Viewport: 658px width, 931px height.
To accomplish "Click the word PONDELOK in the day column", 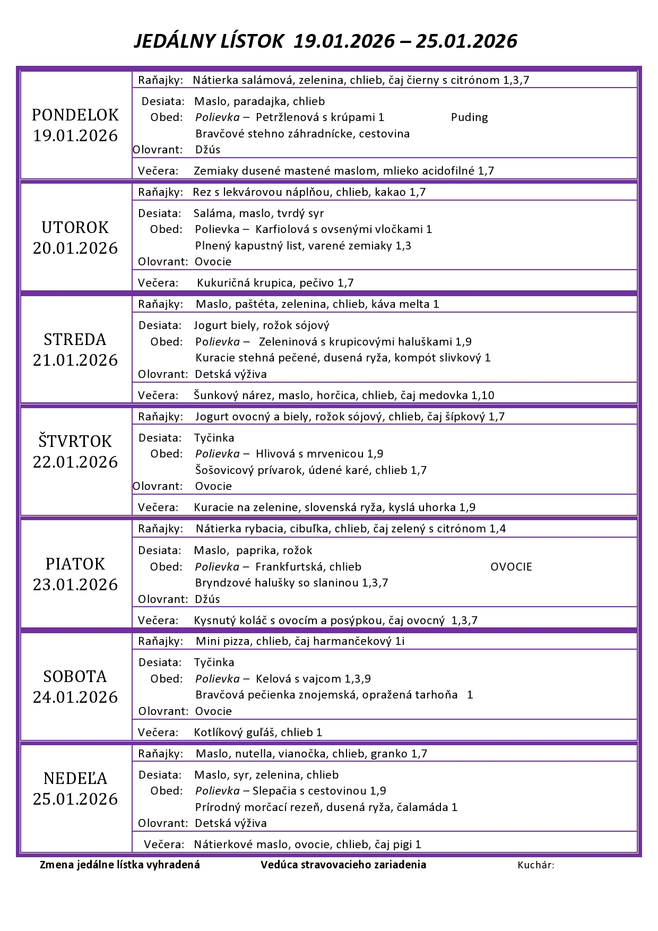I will click(x=75, y=115).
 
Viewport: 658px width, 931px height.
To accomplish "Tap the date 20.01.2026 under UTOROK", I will click(x=75, y=248).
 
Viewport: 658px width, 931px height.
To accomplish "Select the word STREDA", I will click(x=75, y=340).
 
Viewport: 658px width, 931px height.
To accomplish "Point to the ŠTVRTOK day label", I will click(x=75, y=442).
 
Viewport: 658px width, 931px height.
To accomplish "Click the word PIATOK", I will click(x=75, y=564).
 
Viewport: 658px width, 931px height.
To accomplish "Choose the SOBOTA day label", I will click(x=75, y=677).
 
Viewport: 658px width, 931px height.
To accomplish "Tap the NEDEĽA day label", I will click(x=75, y=779).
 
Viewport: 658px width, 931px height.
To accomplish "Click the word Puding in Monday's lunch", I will click(x=469, y=118).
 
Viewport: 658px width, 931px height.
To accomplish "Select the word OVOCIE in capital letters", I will click(x=511, y=567).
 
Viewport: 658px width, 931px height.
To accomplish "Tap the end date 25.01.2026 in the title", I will click(x=466, y=41).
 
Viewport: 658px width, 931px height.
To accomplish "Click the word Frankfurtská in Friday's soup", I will click(x=289, y=567).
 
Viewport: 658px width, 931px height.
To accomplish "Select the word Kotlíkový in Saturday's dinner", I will click(x=218, y=732).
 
